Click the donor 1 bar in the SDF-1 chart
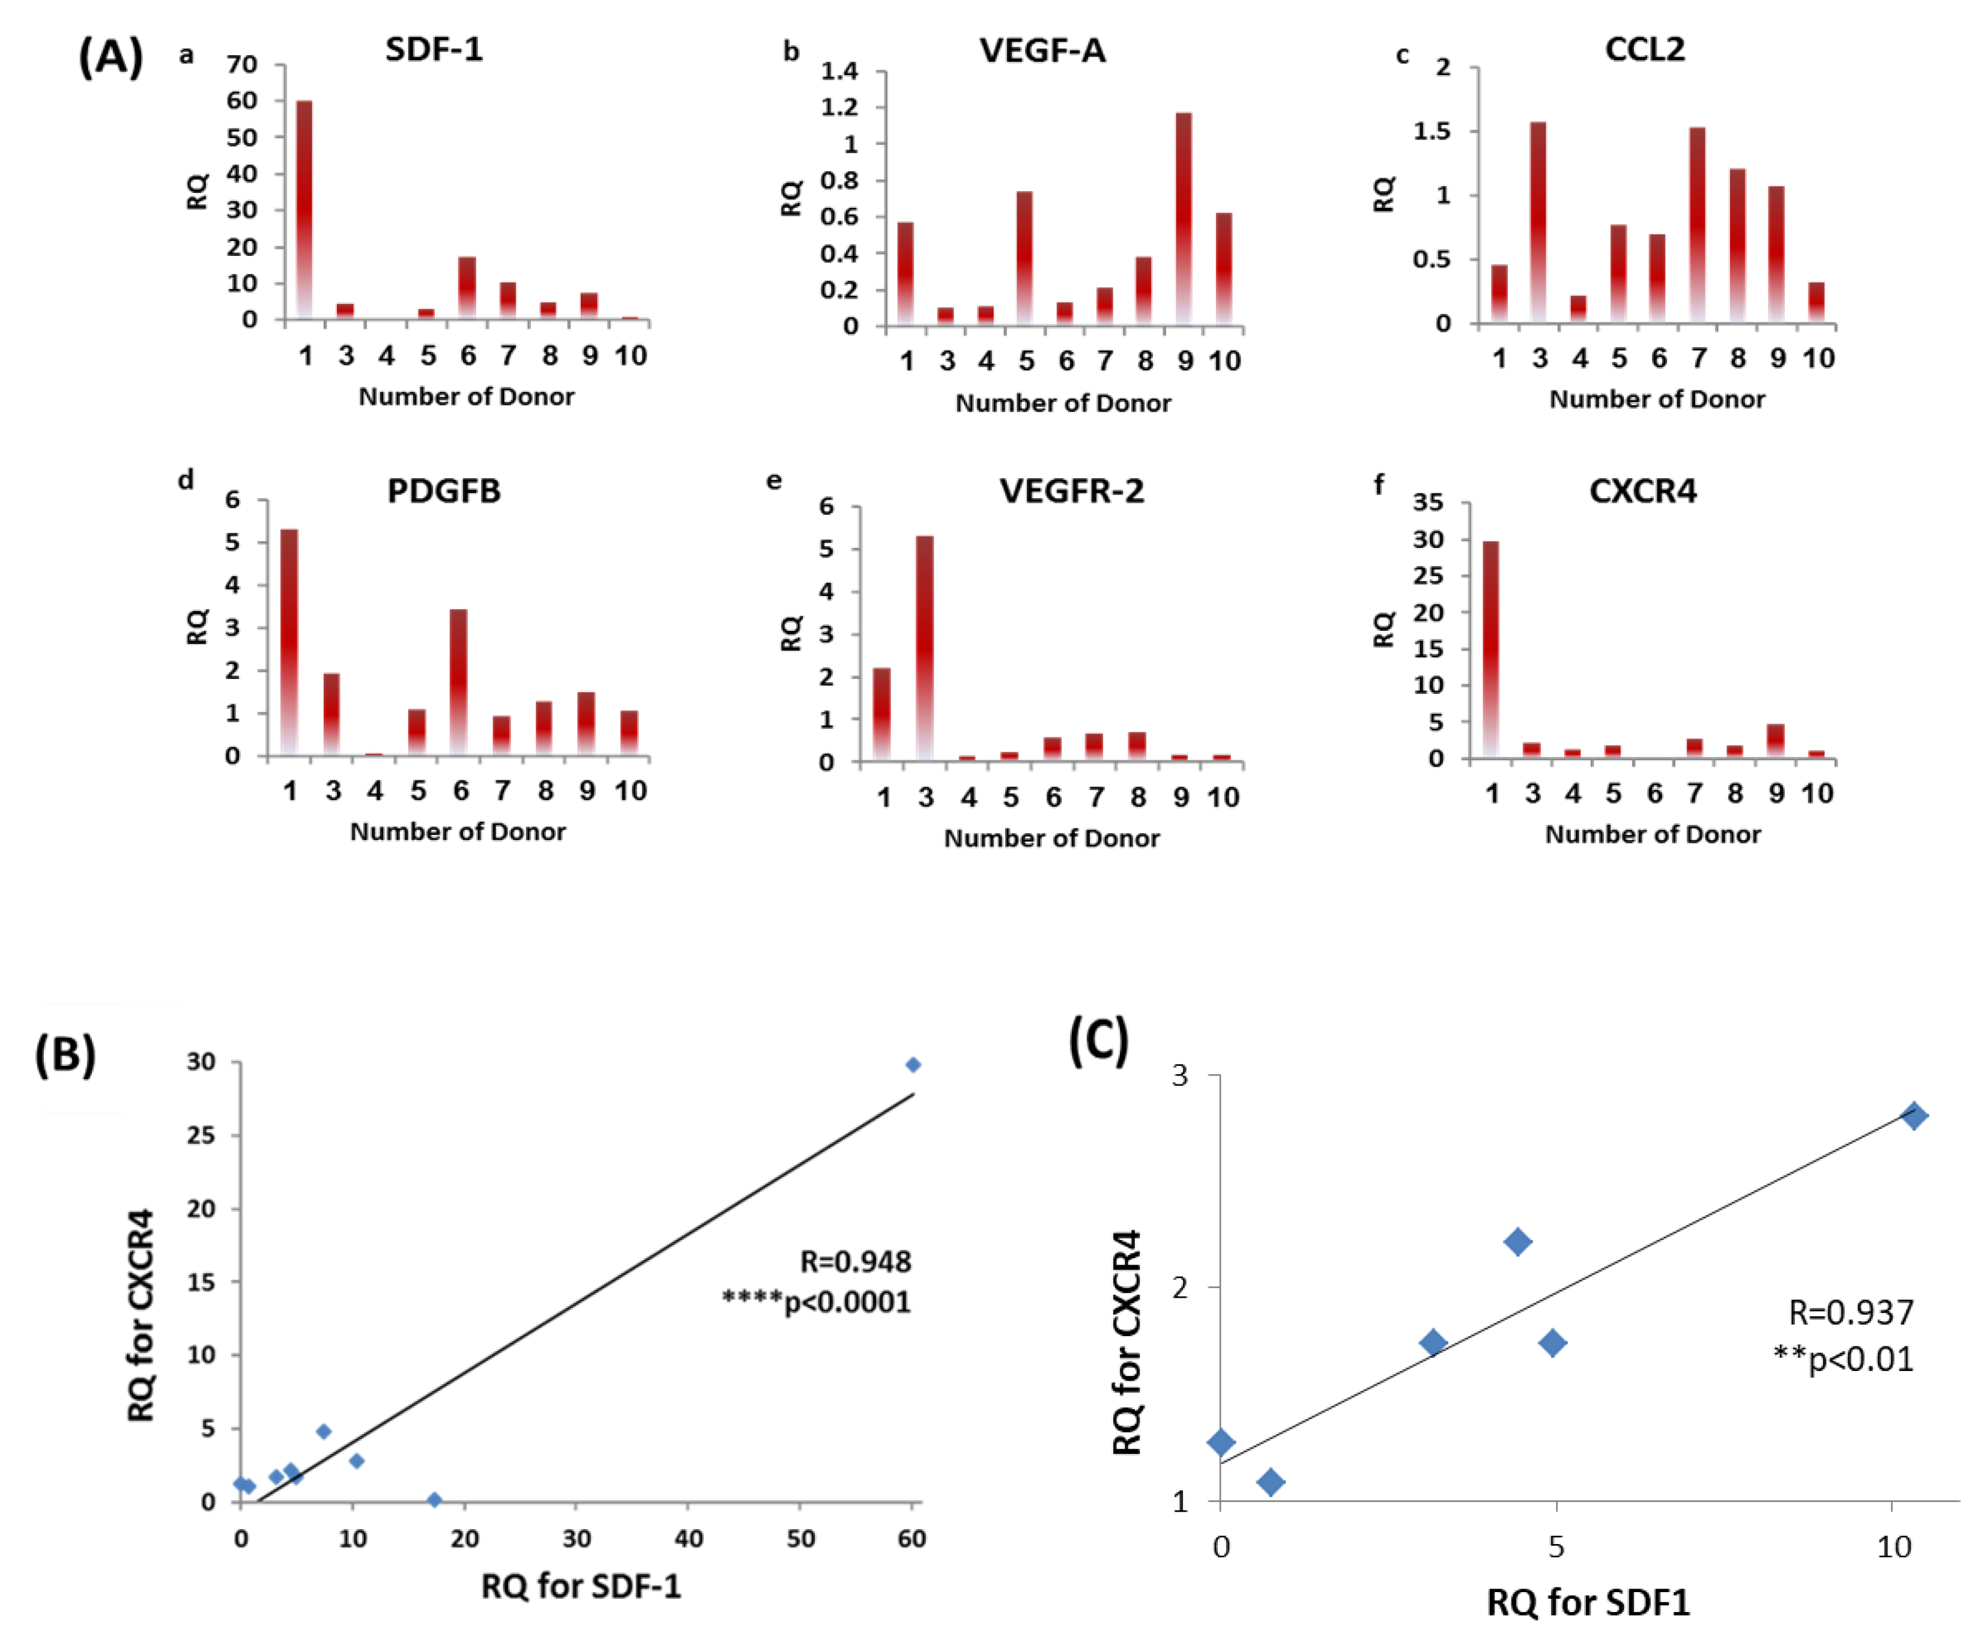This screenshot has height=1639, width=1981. (304, 208)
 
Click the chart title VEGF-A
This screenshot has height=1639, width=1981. (1042, 50)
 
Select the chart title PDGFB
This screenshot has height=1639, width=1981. (443, 491)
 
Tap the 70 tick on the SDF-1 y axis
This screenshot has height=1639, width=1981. (241, 64)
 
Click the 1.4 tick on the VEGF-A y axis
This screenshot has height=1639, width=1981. (839, 71)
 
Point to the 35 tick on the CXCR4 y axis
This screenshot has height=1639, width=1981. (1427, 502)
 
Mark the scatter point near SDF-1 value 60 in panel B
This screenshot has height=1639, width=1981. (912, 1065)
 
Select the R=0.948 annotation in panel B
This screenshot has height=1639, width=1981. (856, 1262)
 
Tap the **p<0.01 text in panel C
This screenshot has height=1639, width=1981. (1843, 1360)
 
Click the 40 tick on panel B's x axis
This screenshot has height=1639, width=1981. (689, 1539)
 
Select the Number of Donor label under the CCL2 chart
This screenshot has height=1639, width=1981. (1657, 399)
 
